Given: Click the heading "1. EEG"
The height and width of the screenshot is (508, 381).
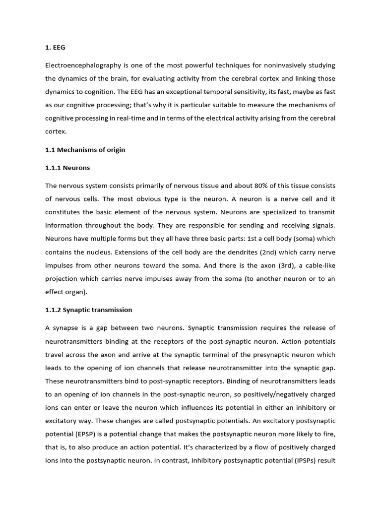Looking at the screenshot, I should click(55, 48).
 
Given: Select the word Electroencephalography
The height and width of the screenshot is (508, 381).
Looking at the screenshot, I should click(83, 65).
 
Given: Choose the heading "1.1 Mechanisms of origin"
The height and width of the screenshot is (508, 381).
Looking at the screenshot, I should click(85, 150).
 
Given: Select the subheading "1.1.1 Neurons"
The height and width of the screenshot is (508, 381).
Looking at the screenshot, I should click(67, 168).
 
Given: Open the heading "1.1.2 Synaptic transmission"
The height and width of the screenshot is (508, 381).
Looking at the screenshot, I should click(89, 310).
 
